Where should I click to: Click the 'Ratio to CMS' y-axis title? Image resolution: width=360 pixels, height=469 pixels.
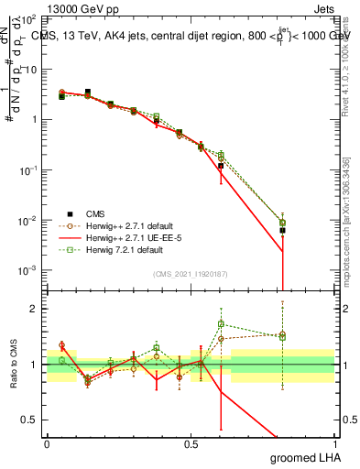(x=14, y=364)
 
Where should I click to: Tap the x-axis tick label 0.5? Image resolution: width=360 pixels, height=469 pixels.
(x=191, y=443)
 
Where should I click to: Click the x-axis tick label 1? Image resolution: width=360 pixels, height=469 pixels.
(x=334, y=443)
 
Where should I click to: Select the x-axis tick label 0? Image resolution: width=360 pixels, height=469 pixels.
(x=47, y=443)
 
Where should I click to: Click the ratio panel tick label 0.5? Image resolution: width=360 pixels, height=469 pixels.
(x=34, y=420)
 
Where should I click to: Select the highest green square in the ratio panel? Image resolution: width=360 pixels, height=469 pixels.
(x=221, y=323)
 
